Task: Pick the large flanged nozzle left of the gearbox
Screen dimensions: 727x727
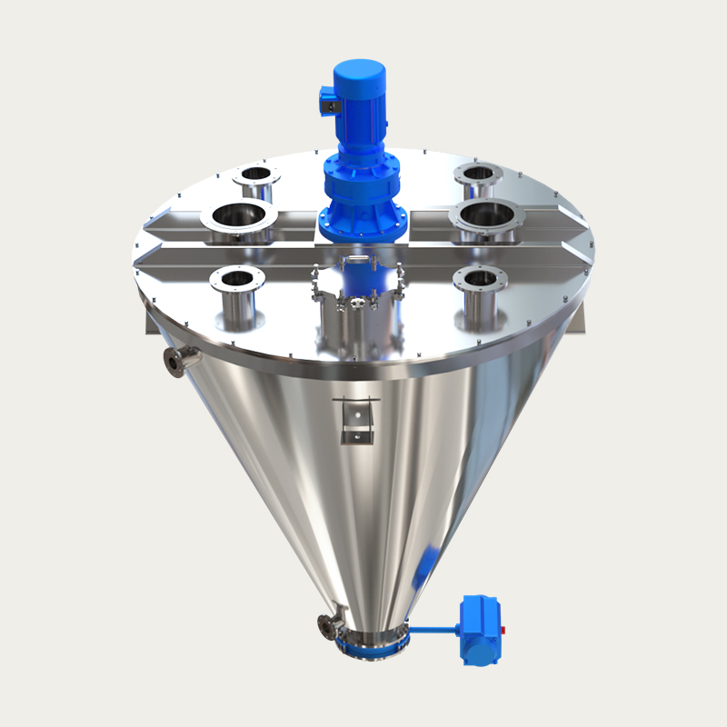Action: coord(244,218)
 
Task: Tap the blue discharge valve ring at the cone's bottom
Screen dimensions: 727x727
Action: coord(373,646)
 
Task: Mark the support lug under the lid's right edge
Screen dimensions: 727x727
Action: coord(582,318)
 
